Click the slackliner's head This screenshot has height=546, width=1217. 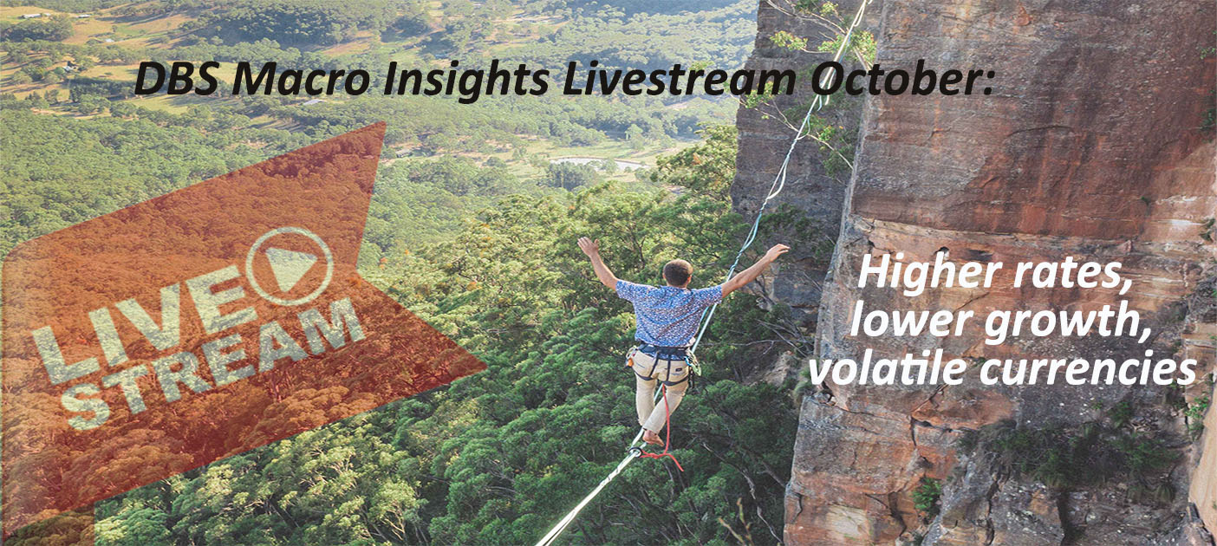click(677, 272)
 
